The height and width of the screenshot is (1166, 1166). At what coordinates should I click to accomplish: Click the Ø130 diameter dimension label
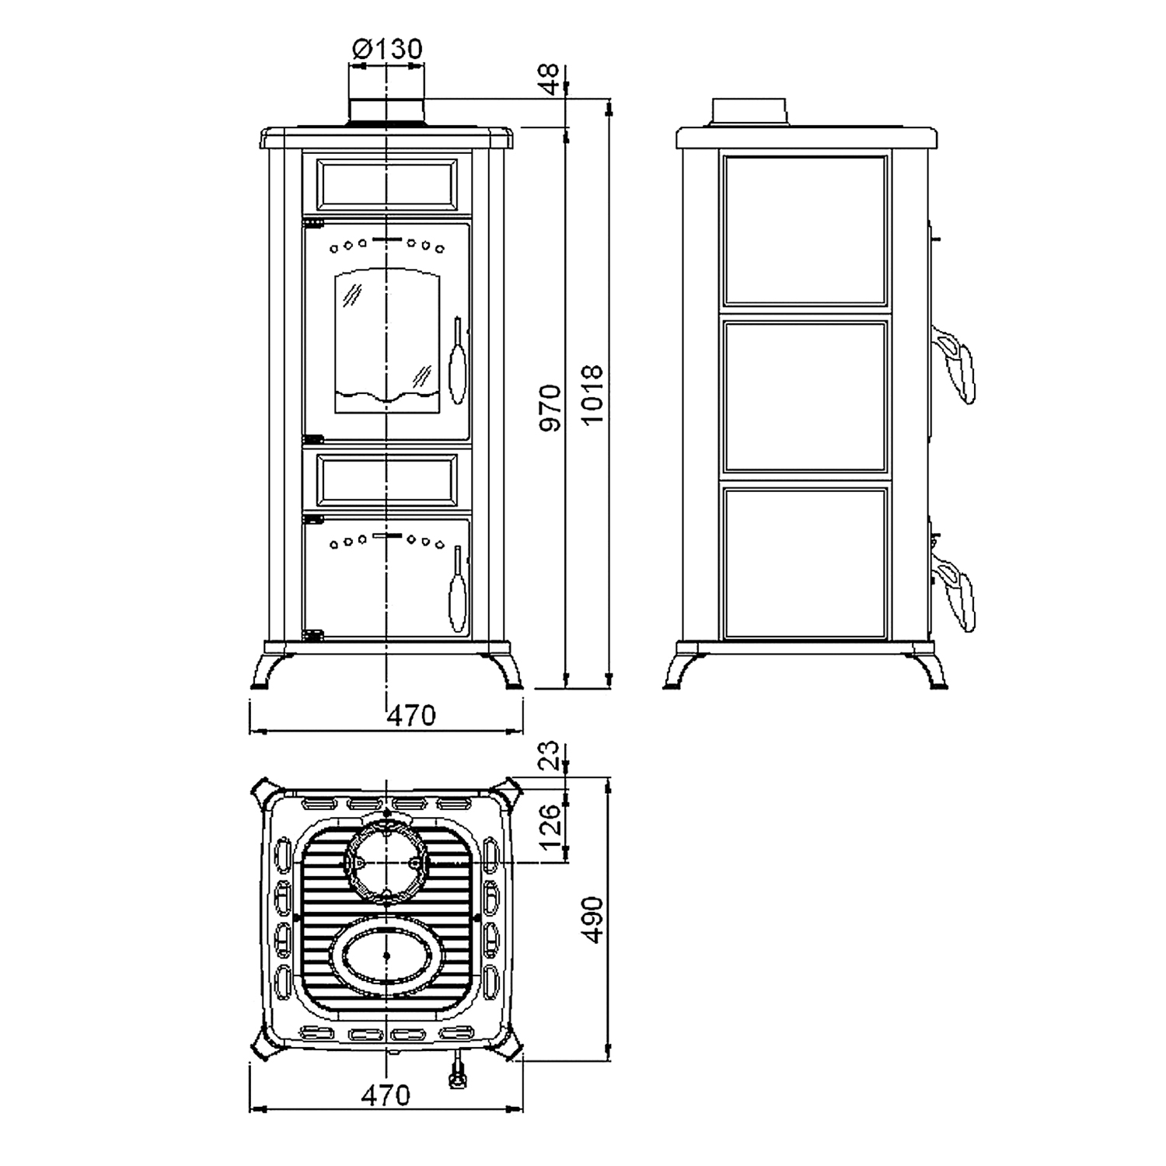click(387, 49)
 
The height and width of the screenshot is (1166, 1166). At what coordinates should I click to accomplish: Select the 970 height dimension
click(550, 407)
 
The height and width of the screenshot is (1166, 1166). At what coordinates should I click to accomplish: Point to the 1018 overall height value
click(592, 395)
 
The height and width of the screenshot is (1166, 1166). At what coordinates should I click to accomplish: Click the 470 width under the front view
click(411, 715)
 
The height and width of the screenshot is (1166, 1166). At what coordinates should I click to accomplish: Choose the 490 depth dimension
click(592, 920)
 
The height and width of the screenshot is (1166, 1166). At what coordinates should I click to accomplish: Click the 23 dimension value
click(550, 755)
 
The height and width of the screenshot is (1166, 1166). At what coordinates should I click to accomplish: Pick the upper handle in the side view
click(957, 361)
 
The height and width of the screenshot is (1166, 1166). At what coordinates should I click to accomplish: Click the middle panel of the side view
click(805, 396)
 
